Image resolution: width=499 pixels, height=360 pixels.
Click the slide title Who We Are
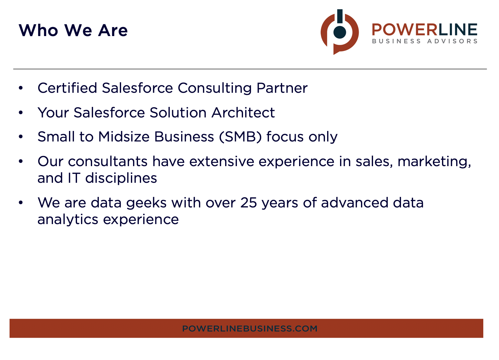click(73, 30)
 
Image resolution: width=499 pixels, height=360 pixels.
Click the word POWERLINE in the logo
click(424, 30)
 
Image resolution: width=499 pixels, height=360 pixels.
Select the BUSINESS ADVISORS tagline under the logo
click(424, 41)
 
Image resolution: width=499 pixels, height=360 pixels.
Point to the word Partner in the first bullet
click(282, 88)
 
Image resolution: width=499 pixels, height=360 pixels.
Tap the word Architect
click(243, 112)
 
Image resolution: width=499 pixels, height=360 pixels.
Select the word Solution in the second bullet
click(178, 112)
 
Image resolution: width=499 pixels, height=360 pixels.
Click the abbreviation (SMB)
click(240, 137)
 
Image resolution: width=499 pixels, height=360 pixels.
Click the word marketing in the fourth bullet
click(434, 162)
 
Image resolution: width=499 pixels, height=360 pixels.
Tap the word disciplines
click(121, 178)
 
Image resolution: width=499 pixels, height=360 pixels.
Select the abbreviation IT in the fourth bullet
click(74, 178)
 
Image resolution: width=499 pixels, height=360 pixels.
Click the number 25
click(249, 203)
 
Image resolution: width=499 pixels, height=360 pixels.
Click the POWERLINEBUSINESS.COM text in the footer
click(249, 329)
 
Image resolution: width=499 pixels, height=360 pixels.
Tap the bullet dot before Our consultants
click(21, 162)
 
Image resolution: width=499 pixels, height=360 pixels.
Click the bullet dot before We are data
click(21, 203)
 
